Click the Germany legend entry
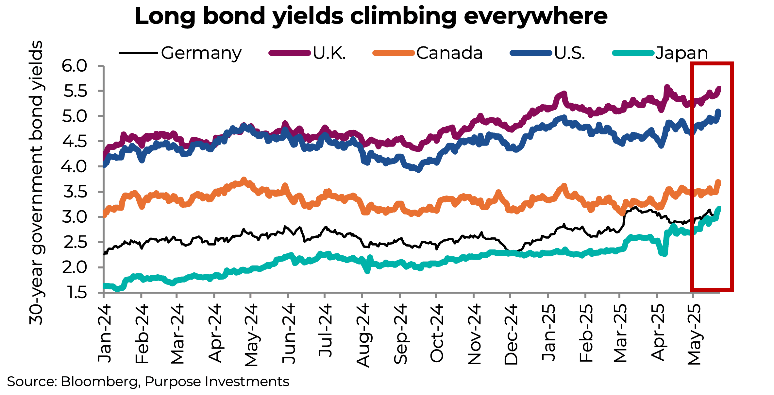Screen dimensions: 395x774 (x=201, y=53)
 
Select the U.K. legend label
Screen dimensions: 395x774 (x=329, y=53)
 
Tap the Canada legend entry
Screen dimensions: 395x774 (x=449, y=53)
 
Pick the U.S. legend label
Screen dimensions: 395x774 (x=569, y=53)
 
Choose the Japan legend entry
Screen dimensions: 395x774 (x=681, y=53)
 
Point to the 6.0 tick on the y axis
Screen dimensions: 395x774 (x=75, y=66)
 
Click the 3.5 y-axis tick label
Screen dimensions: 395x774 (x=75, y=192)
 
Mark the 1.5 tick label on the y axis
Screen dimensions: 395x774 (x=75, y=293)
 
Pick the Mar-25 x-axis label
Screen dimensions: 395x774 (x=620, y=334)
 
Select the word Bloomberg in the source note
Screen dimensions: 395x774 (x=100, y=382)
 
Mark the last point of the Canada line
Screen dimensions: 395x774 (x=718, y=183)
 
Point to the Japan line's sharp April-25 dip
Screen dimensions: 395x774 (x=664, y=253)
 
